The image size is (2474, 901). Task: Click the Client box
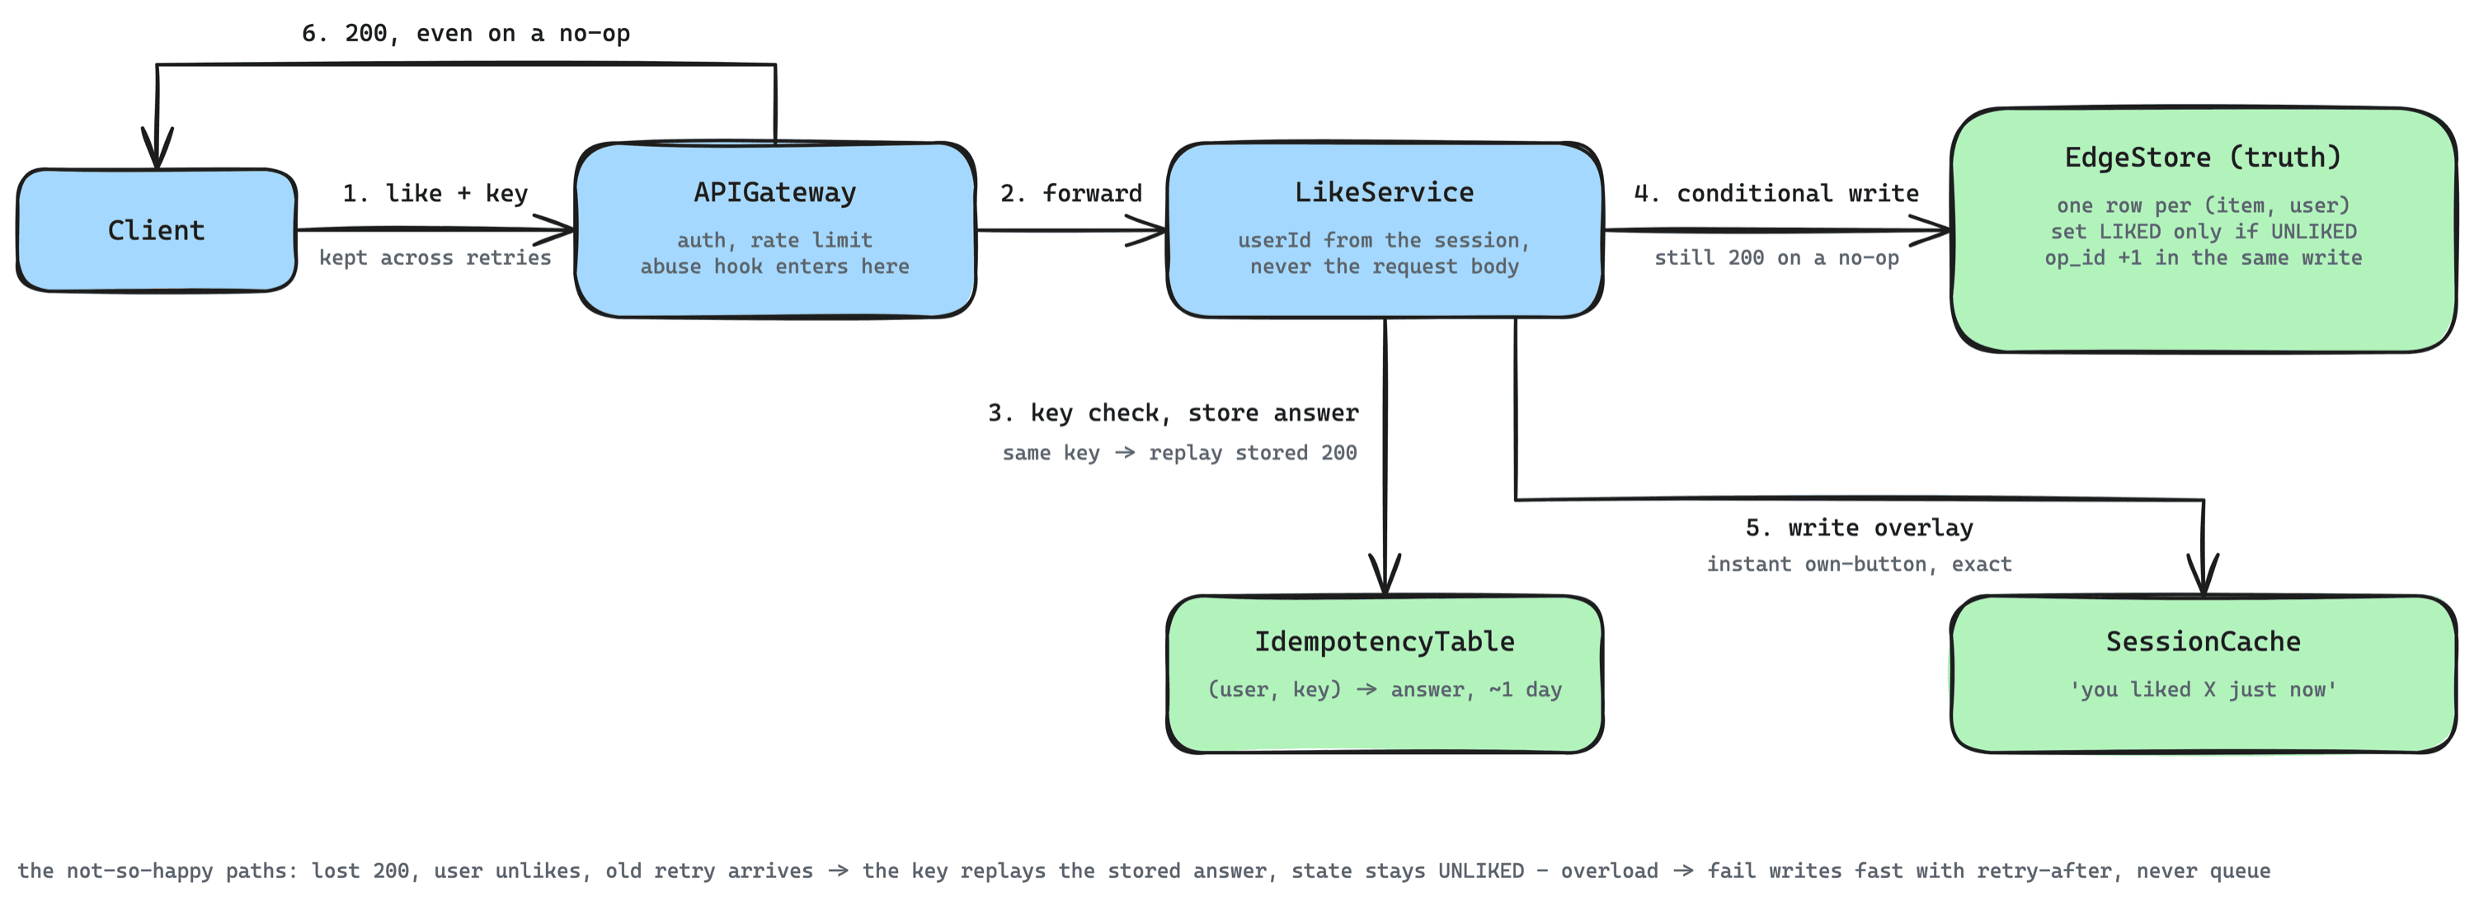tap(157, 230)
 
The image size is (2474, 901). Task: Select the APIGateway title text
tap(775, 192)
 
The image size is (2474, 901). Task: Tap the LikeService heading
tap(1384, 192)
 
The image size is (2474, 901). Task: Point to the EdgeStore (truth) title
tap(2204, 157)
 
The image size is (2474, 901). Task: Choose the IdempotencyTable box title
tap(1384, 641)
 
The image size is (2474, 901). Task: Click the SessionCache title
tap(2204, 641)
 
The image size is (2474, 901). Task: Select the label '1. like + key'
tap(435, 193)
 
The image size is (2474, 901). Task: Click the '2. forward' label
tap(1071, 193)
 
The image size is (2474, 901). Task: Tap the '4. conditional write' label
tap(1776, 193)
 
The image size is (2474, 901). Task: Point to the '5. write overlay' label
tap(1858, 527)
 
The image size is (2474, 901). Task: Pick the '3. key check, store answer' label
tap(1173, 413)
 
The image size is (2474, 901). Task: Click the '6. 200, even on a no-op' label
tap(466, 34)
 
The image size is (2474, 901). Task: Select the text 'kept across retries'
tap(435, 257)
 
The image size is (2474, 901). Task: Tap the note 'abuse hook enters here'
tap(775, 266)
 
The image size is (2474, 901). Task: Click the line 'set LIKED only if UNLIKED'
tap(2204, 232)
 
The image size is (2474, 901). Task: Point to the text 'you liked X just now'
tap(2204, 690)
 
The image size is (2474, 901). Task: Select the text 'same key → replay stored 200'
tap(1179, 452)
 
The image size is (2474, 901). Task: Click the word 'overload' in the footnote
tap(1609, 870)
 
